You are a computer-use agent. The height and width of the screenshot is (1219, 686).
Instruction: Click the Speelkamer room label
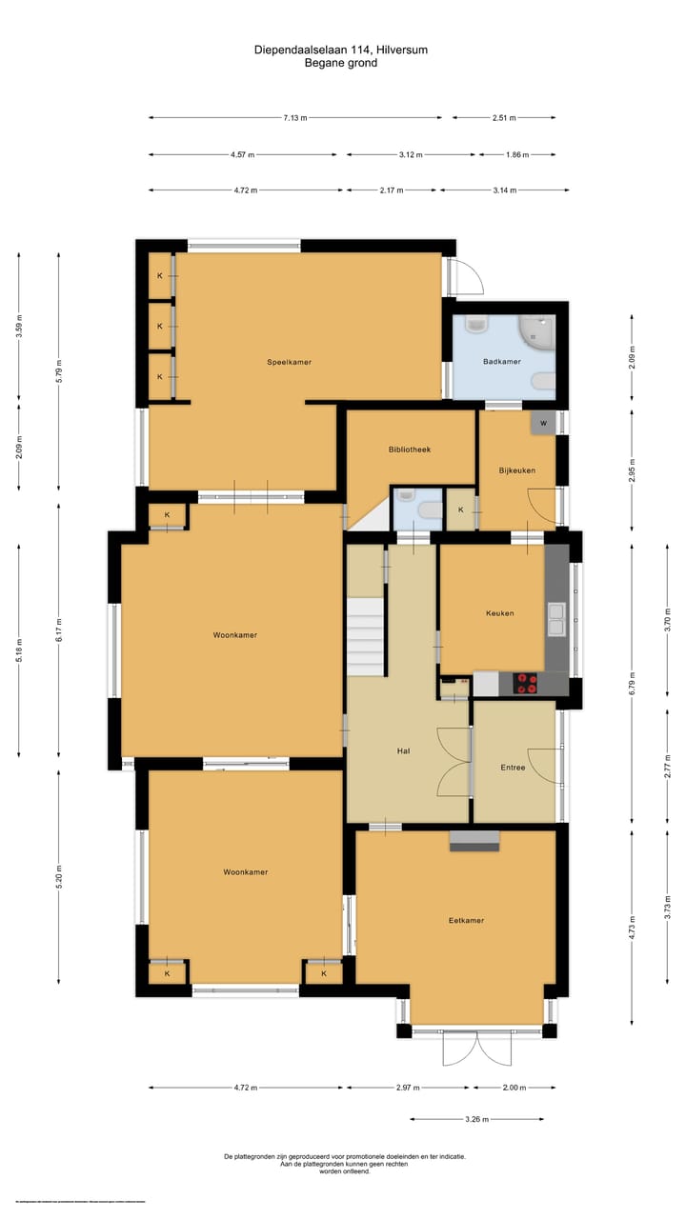click(289, 362)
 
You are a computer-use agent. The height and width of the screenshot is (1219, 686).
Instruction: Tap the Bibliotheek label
click(410, 449)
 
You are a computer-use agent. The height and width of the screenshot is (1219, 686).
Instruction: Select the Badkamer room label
click(501, 362)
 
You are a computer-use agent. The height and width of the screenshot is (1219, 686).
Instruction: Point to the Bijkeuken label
click(517, 470)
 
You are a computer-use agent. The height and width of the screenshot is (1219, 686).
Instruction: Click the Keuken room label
click(499, 613)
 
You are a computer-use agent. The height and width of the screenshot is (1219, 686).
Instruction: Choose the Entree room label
click(513, 768)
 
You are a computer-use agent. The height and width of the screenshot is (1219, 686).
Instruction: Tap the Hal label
click(403, 751)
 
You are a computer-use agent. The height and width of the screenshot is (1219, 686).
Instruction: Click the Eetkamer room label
click(466, 921)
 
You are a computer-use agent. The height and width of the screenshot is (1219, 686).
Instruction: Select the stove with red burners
click(525, 683)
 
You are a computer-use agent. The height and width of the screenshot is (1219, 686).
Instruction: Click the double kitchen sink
click(555, 619)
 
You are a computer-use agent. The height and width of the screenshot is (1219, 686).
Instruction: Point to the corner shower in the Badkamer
click(538, 330)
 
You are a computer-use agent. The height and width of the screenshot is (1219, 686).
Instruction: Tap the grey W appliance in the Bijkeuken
click(543, 423)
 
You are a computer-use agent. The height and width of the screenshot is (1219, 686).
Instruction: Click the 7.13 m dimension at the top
click(295, 117)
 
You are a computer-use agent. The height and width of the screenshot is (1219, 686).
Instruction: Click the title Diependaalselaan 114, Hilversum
click(341, 50)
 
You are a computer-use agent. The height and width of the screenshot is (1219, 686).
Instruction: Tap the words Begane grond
click(341, 63)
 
